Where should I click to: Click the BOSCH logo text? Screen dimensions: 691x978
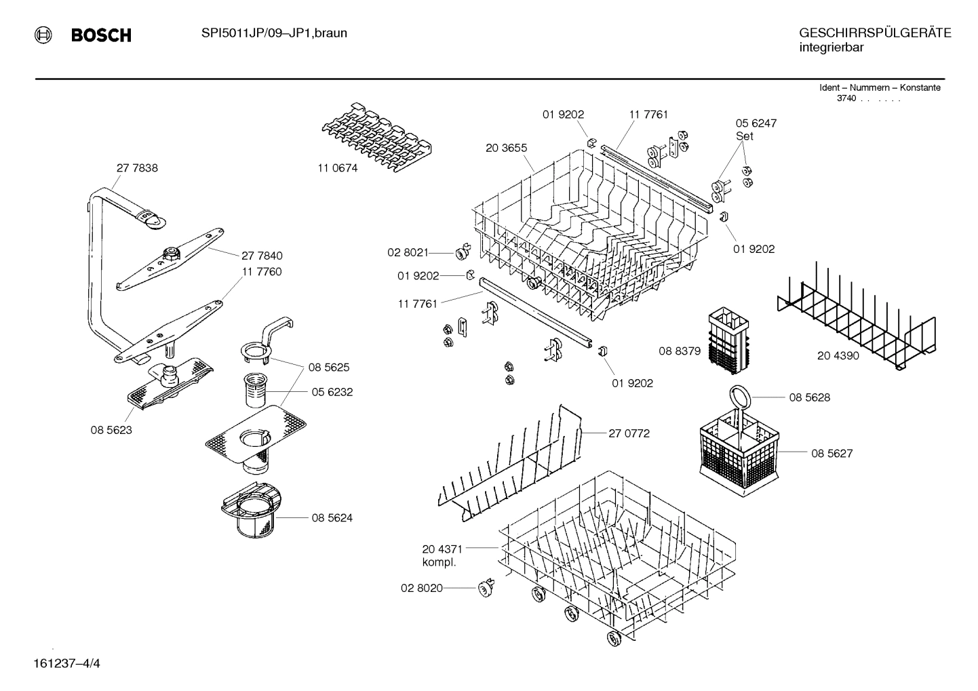101,35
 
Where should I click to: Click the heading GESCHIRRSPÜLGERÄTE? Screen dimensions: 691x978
874,33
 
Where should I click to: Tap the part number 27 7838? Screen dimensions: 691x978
137,168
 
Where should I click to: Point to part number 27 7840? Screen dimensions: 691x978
262,256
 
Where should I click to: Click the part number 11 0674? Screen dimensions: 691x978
337,169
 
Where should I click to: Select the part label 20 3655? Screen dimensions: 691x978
506,148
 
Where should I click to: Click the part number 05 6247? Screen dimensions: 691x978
756,123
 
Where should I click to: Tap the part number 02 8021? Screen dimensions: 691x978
408,252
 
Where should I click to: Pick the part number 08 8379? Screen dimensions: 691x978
680,351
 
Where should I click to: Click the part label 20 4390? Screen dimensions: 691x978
838,355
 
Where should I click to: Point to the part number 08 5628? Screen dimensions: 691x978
809,397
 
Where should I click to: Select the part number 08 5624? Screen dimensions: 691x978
332,518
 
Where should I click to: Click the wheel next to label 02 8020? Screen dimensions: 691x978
485,589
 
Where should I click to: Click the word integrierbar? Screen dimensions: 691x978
831,47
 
